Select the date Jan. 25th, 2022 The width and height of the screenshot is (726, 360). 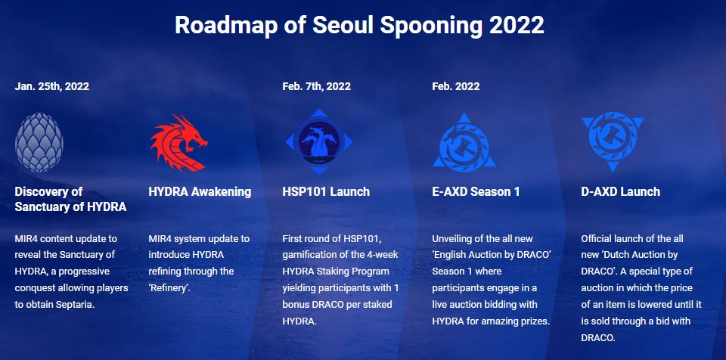pyautogui.click(x=52, y=86)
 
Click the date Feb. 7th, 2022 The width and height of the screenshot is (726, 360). pyautogui.click(x=316, y=86)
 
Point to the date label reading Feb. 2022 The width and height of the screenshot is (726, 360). pyautogui.click(x=455, y=86)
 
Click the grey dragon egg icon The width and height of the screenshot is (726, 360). pyautogui.click(x=39, y=142)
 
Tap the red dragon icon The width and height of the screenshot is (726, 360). pyautogui.click(x=178, y=142)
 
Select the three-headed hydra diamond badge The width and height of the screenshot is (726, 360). pyautogui.click(x=319, y=141)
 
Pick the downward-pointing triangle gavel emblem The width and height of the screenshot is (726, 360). pyautogui.click(x=613, y=141)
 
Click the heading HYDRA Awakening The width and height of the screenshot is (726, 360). pyautogui.click(x=200, y=192)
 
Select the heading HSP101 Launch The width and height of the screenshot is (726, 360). pyautogui.click(x=326, y=192)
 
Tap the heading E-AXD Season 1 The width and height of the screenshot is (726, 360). pyautogui.click(x=476, y=192)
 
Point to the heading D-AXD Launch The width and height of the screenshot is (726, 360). pyautogui.click(x=620, y=192)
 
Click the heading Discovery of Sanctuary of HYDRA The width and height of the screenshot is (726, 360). pyautogui.click(x=70, y=199)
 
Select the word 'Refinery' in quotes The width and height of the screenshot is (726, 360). pyautogui.click(x=169, y=288)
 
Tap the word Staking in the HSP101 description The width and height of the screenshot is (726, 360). pyautogui.click(x=334, y=272)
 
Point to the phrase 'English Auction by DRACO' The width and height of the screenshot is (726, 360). pyautogui.click(x=491, y=255)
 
